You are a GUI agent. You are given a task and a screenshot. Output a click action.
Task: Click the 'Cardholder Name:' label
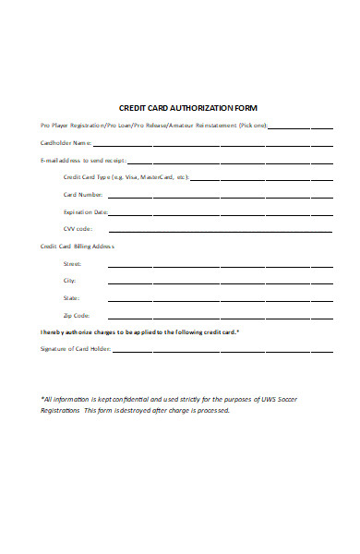(x=66, y=143)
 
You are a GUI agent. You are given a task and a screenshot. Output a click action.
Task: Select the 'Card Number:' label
(x=83, y=195)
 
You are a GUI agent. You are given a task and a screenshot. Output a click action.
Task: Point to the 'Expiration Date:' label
(x=85, y=211)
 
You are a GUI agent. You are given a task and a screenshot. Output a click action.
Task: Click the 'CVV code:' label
(x=78, y=228)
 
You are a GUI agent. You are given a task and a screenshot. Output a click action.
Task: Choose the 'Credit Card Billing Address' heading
(x=78, y=247)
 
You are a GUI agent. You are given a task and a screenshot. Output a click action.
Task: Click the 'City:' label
(x=69, y=280)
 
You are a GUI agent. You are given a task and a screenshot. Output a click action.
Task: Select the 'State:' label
(x=71, y=298)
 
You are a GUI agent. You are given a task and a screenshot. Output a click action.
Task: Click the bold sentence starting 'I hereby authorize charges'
(x=140, y=331)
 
